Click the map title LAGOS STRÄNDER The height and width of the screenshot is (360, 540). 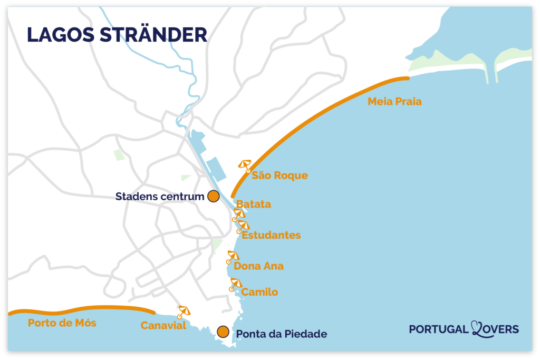click(117, 34)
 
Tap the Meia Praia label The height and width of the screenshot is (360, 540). click(394, 102)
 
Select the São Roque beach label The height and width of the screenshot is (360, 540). click(279, 176)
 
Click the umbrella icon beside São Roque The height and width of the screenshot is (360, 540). click(245, 166)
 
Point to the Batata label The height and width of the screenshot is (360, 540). click(254, 204)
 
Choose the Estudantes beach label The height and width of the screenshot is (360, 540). click(271, 235)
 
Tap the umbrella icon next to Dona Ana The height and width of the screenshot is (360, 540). click(232, 257)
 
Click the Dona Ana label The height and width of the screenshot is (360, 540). click(258, 266)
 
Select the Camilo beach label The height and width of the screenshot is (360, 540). click(259, 292)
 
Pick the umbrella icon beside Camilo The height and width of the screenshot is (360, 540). click(235, 285)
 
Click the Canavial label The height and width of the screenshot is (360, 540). click(163, 326)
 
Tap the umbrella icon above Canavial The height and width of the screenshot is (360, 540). click(184, 312)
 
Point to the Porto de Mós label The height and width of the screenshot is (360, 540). click(62, 323)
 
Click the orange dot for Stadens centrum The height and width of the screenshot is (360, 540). click(213, 197)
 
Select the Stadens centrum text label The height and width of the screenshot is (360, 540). click(159, 197)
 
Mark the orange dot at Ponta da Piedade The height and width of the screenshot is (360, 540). click(223, 332)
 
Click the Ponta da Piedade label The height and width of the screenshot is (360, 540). click(282, 334)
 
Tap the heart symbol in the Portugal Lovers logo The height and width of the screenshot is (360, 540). click(477, 329)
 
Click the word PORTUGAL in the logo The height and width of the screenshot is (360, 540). click(438, 329)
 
